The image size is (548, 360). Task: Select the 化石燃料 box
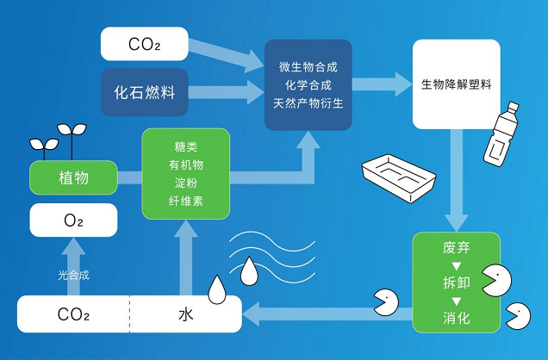click(x=144, y=90)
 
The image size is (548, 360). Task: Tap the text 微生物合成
click(x=308, y=66)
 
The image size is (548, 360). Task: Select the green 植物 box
click(x=73, y=178)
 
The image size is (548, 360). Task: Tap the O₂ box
click(x=73, y=220)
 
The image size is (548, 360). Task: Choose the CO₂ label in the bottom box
click(x=73, y=314)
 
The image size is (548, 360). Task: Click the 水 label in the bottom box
click(x=186, y=314)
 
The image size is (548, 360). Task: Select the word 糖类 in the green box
click(x=186, y=146)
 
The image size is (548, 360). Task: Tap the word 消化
click(x=455, y=318)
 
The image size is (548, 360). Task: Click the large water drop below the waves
click(x=249, y=272)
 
